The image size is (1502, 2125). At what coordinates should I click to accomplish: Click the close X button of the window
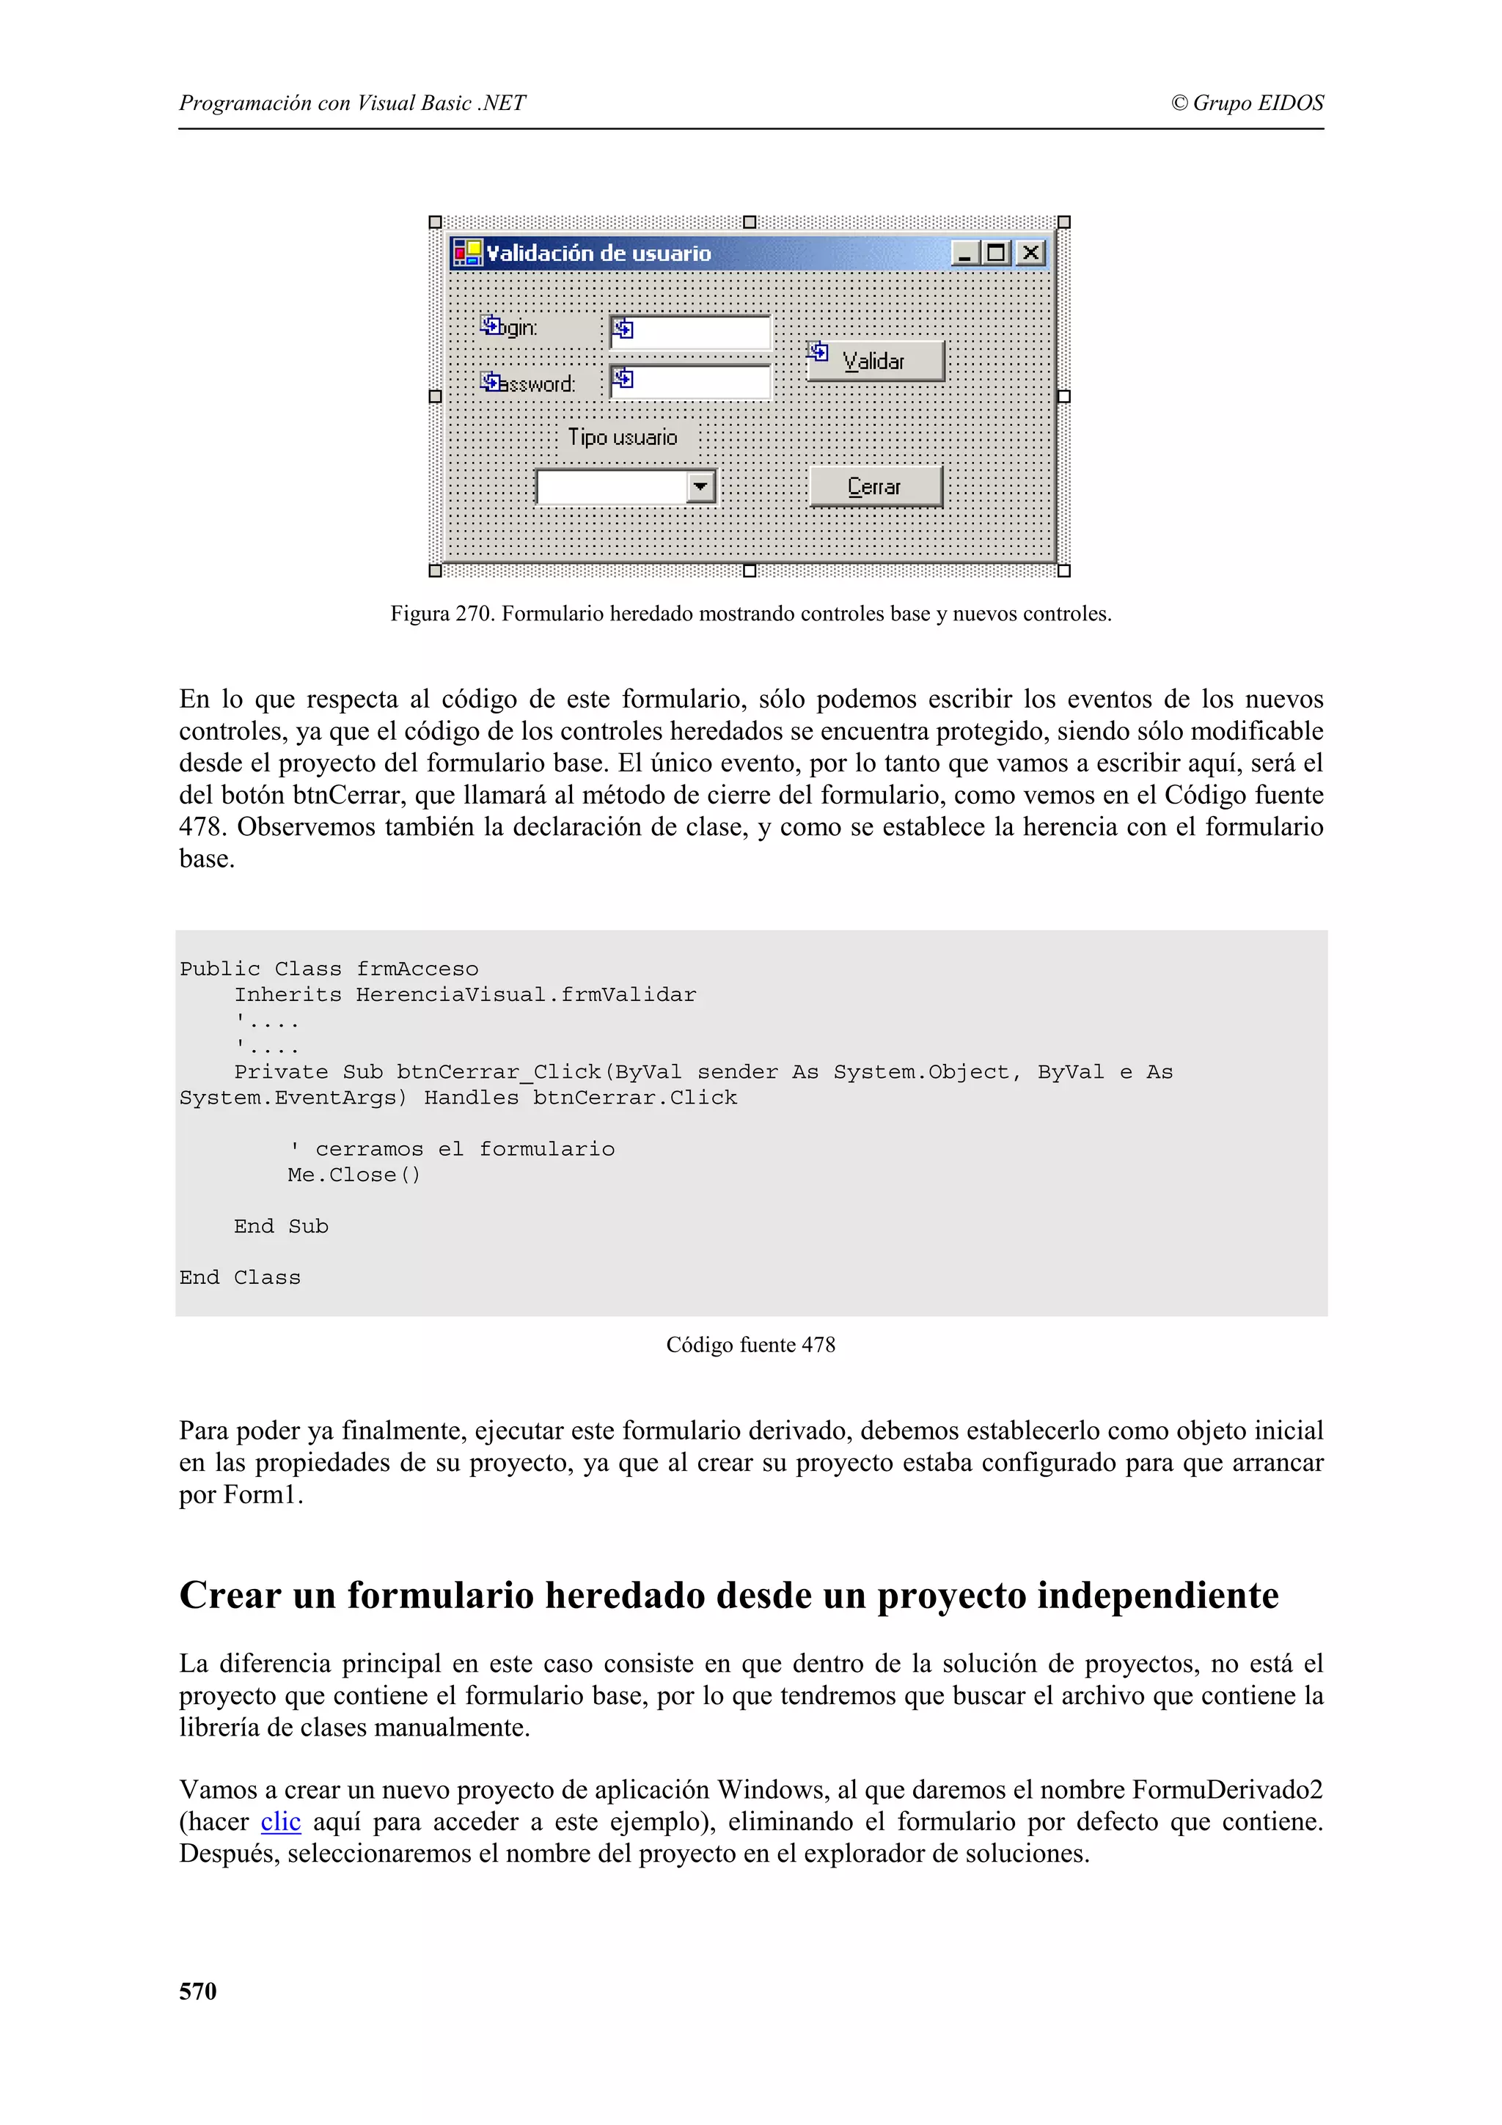pos(1030,253)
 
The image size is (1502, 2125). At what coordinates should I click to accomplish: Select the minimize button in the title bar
pos(964,253)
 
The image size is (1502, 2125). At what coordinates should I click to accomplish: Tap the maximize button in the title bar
pos(997,253)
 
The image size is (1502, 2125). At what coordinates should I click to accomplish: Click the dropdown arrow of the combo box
pos(700,486)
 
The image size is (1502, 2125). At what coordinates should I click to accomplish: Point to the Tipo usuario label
pos(622,437)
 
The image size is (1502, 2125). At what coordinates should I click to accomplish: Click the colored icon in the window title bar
pos(467,253)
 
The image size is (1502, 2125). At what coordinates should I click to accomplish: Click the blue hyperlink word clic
pos(280,1821)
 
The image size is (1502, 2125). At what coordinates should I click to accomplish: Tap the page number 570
pos(197,1991)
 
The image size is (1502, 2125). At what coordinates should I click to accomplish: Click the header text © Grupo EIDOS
pos(1247,103)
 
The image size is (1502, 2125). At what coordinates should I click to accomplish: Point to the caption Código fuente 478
pos(750,1345)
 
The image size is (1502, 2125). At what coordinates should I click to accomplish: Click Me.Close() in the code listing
pos(353,1175)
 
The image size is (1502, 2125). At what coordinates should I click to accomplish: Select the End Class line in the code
pos(240,1277)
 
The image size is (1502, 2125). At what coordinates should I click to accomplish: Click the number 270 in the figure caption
pos(475,614)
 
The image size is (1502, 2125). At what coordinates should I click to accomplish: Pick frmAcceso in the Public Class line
pos(417,969)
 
